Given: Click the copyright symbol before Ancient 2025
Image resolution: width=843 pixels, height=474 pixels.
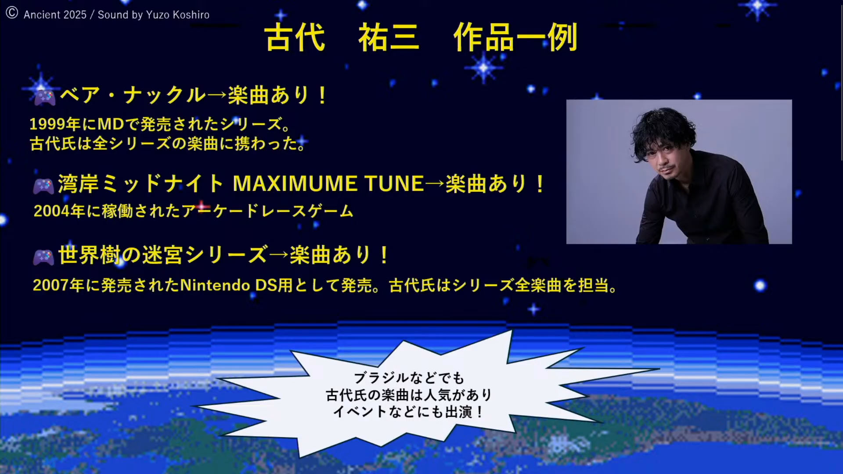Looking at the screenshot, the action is tap(12, 13).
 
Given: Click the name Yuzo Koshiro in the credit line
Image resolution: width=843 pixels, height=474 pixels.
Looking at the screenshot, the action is tap(178, 15).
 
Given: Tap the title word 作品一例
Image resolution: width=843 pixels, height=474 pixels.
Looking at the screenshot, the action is tap(515, 37).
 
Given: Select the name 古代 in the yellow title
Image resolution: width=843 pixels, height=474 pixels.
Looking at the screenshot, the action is tap(295, 37).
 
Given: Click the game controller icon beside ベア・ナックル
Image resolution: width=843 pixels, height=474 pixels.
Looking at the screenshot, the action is tap(45, 97).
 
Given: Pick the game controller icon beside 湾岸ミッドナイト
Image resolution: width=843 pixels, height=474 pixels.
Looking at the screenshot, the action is tap(43, 186).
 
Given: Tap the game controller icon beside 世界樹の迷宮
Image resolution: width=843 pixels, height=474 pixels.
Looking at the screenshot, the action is tap(43, 257).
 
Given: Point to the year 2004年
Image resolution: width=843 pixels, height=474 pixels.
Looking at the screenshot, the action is tap(59, 211).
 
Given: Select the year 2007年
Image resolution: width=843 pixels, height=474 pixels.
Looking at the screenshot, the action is tap(58, 285).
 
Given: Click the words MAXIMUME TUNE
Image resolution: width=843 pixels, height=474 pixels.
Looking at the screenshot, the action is tap(328, 183).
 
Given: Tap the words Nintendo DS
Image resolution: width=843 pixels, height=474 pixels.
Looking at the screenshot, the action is tap(228, 285).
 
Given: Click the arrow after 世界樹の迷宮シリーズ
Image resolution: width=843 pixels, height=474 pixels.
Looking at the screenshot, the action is tap(279, 255).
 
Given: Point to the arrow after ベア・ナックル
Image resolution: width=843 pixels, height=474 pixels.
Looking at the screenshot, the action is tap(217, 95).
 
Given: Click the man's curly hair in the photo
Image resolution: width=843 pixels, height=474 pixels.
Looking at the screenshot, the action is tap(663, 132).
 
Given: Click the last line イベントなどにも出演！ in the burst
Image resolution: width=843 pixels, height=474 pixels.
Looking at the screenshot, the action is tap(409, 412).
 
